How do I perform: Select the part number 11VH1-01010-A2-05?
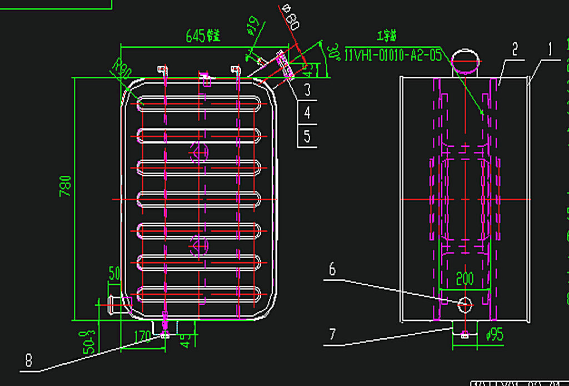pyautogui.click(x=393, y=54)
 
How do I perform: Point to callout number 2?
pyautogui.click(x=515, y=50)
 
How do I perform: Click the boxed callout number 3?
pyautogui.click(x=307, y=89)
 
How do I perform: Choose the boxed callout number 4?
pyautogui.click(x=307, y=113)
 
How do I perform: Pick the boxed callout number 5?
pyautogui.click(x=307, y=136)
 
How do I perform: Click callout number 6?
pyautogui.click(x=332, y=270)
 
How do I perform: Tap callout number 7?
pyautogui.click(x=332, y=334)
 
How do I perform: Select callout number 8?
pyautogui.click(x=28, y=360)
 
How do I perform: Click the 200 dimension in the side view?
pyautogui.click(x=465, y=278)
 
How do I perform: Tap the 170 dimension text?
pyautogui.click(x=143, y=336)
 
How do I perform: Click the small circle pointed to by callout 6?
pyautogui.click(x=465, y=304)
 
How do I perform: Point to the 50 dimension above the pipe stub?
pyautogui.click(x=114, y=273)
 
